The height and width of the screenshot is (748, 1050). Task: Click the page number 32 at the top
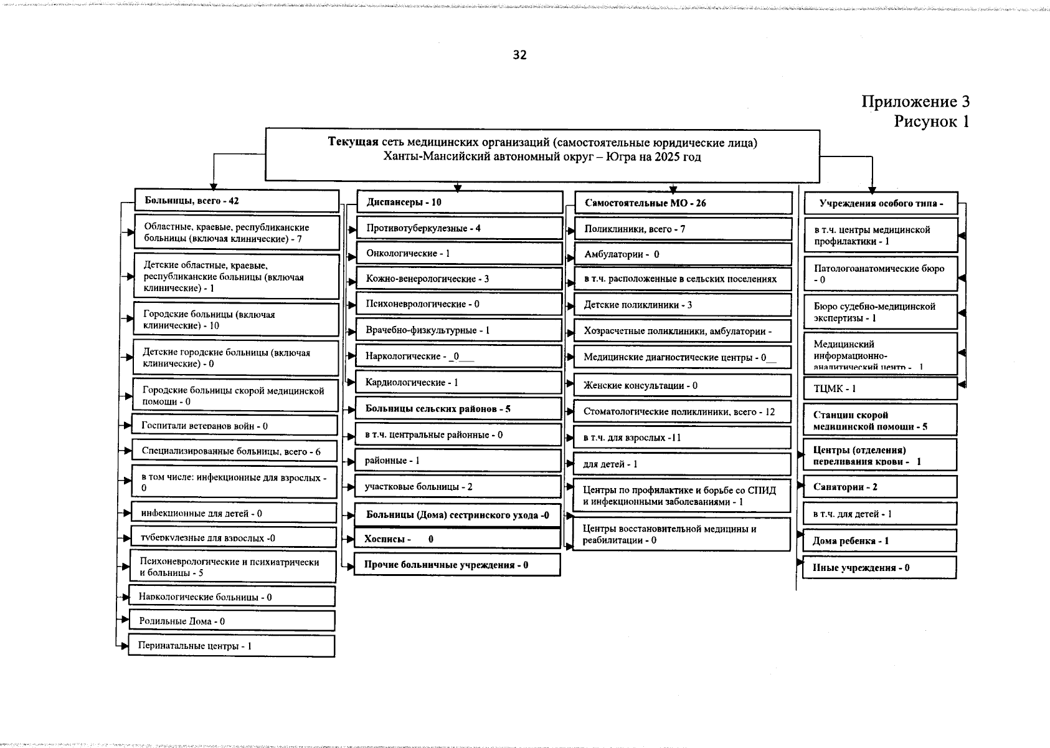coord(519,55)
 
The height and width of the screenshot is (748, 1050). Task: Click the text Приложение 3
coord(915,102)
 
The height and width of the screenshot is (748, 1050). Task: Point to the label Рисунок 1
coord(931,121)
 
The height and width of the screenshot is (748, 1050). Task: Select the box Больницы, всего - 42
coord(237,201)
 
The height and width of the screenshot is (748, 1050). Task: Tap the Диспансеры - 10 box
coord(460,202)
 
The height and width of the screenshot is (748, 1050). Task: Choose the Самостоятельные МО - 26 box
coord(682,203)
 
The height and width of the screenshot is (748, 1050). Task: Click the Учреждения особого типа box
coord(881,204)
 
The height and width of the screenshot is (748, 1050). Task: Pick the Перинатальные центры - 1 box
coord(231,646)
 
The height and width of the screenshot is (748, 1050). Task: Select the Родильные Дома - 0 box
coord(232,621)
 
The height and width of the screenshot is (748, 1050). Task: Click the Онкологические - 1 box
coord(459,254)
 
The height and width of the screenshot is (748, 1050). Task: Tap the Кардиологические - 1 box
coord(459,383)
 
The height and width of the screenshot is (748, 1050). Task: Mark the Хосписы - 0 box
coord(458,539)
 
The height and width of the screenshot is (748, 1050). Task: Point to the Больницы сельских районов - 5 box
coord(458,409)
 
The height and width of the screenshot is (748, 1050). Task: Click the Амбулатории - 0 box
coord(682,254)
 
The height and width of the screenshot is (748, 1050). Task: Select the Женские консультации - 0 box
coord(682,386)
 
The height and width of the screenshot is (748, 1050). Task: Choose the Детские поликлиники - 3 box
coord(682,305)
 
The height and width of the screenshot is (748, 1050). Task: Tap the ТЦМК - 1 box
coord(880,389)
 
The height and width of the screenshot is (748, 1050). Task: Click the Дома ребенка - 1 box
coord(879,541)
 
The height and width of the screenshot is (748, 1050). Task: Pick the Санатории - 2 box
coord(879,487)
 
